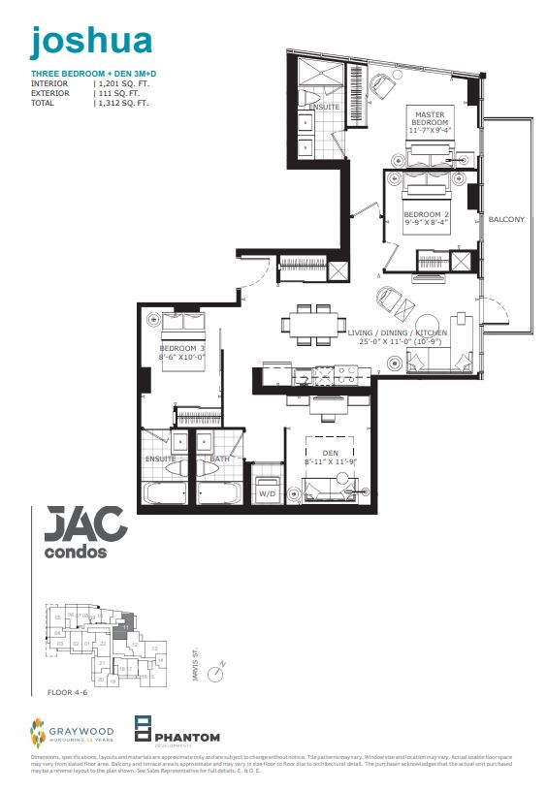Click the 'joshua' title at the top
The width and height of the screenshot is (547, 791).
pos(91,40)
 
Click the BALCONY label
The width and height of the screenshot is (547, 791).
pos(506,219)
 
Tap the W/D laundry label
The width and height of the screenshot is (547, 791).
pos(266,493)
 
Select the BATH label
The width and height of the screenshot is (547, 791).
pos(219,459)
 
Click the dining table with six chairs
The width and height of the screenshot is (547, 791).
pos(311,324)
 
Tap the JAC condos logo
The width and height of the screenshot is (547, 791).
pos(86,534)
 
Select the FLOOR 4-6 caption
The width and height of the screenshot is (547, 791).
pos(66,693)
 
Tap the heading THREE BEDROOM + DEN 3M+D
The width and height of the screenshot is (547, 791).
pos(83,74)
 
